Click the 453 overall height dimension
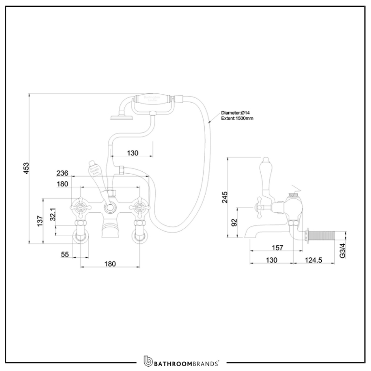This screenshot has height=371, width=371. (x=27, y=167)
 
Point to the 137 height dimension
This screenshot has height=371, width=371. (x=40, y=221)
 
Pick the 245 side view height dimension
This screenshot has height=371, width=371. (x=224, y=197)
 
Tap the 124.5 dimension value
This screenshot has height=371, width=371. (x=313, y=260)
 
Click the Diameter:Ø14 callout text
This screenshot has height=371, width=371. (x=236, y=112)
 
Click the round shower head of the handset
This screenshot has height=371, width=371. (x=117, y=115)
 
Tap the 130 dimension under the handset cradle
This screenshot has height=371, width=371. (x=132, y=153)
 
